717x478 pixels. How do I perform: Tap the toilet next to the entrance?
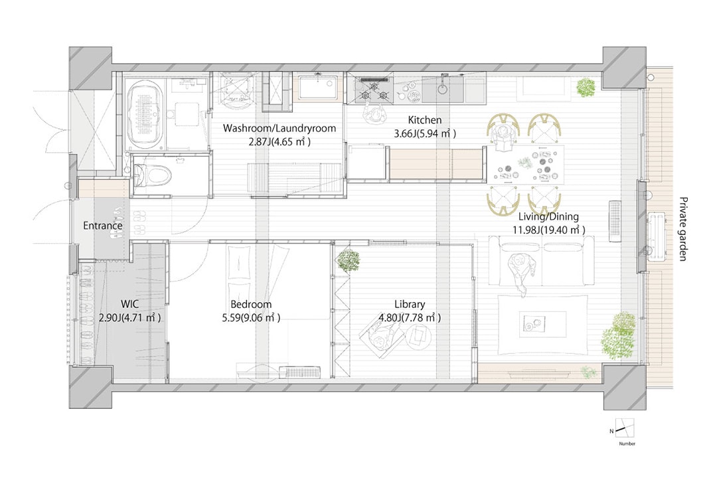coord(153,175)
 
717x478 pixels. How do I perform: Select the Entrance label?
coord(103,226)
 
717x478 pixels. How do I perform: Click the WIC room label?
coord(129,304)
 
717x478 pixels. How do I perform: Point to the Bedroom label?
coord(251,304)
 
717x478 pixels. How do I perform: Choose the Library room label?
coord(410,304)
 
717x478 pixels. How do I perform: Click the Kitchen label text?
coord(425,120)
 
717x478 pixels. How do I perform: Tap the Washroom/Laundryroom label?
coord(279,128)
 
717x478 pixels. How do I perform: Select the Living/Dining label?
coord(548,216)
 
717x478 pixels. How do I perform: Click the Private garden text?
coord(682,228)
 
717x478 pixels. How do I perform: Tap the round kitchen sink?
coord(442,88)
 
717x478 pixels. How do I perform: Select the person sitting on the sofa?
coord(521,272)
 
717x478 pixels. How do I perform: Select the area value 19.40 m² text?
coord(564,230)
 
